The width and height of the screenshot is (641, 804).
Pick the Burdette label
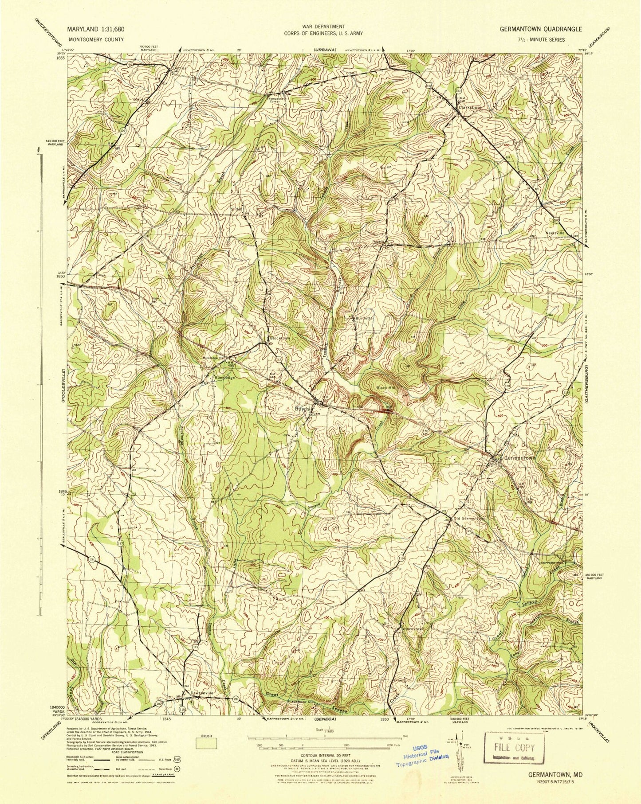tap(365, 318)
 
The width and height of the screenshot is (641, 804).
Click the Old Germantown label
tap(470, 518)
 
